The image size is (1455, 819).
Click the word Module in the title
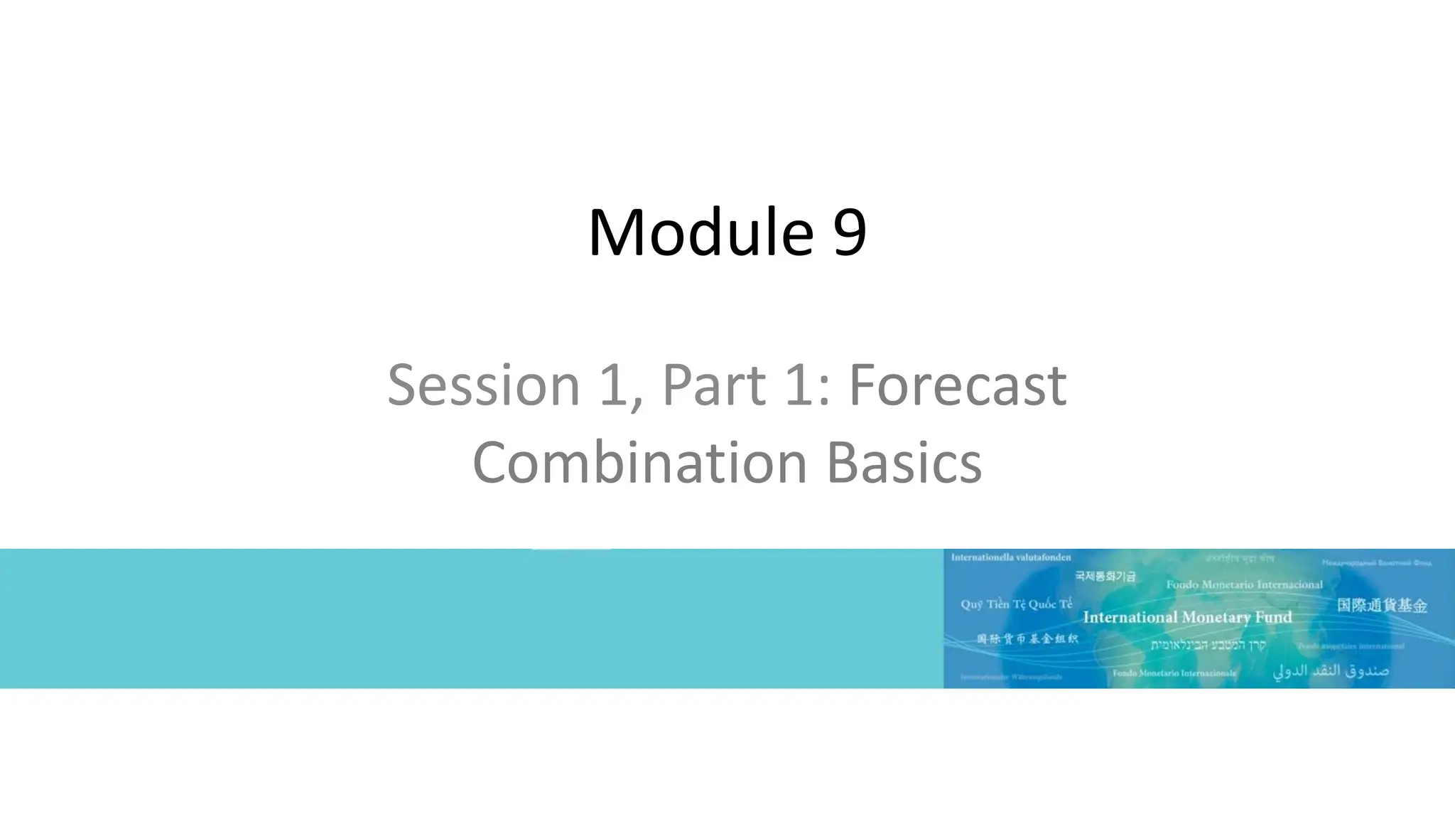tap(701, 232)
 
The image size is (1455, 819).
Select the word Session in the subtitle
tap(483, 385)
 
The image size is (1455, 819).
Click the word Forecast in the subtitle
tap(957, 385)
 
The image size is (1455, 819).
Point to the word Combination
tap(639, 463)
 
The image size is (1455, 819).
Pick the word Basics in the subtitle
tap(904, 463)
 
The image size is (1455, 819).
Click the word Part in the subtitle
tap(714, 385)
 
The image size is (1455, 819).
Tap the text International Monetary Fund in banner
tap(1187, 617)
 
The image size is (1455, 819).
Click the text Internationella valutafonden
tap(1010, 557)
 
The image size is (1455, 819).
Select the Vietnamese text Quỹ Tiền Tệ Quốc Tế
tap(1016, 604)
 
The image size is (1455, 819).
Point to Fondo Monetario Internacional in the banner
tap(1244, 584)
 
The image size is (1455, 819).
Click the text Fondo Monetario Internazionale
tap(1174, 673)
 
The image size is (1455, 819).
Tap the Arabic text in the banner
tap(1330, 670)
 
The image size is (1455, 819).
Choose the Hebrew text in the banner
tap(1208, 645)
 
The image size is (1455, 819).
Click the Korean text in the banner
tap(1105, 575)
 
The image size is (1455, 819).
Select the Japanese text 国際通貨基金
tap(1381, 606)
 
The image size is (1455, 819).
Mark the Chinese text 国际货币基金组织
tap(1027, 638)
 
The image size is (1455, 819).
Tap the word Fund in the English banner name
tap(1273, 617)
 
